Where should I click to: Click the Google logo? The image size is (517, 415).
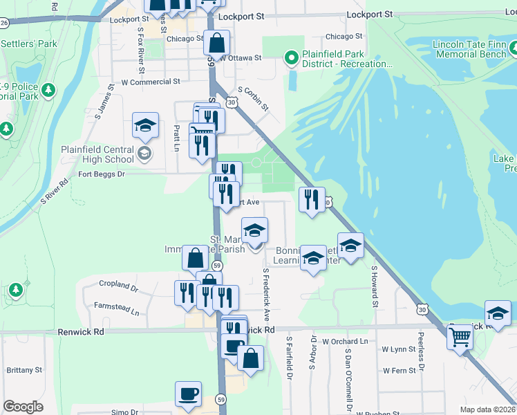(x=23, y=407)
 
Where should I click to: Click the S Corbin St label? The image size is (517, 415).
(x=252, y=98)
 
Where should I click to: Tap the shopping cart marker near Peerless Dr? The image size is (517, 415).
(x=459, y=338)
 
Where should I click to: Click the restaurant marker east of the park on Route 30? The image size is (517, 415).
(x=312, y=199)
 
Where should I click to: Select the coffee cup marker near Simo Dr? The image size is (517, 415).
(x=188, y=394)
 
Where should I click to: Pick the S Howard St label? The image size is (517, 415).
(x=375, y=286)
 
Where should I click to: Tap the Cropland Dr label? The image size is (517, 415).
(x=119, y=284)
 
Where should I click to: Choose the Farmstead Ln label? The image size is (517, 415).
(x=115, y=313)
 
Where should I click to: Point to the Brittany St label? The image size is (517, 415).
(x=25, y=370)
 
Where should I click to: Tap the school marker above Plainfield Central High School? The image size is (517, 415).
(x=145, y=125)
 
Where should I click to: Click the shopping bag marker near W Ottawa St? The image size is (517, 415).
(x=217, y=43)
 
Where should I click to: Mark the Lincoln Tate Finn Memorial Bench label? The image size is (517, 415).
(x=469, y=50)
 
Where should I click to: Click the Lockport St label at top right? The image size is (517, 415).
(x=370, y=14)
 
